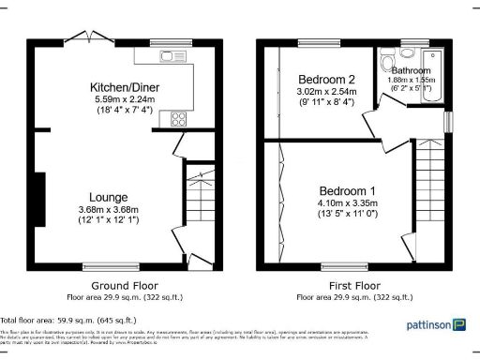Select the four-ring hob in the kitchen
tap(178, 119)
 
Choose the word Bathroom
tap(412, 71)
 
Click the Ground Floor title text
tap(124, 286)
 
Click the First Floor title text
tap(353, 286)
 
